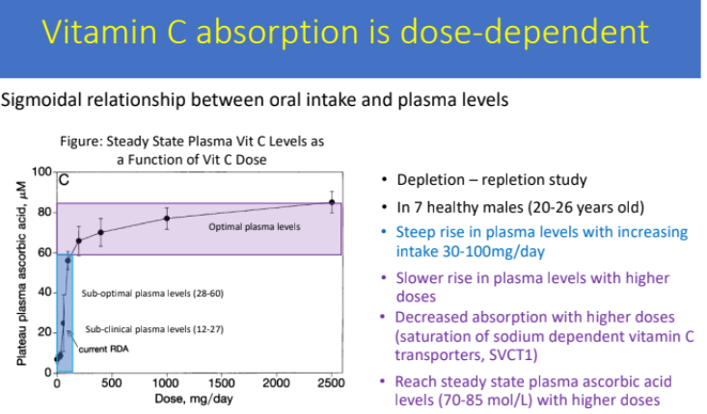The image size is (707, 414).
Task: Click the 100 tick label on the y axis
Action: click(x=41, y=172)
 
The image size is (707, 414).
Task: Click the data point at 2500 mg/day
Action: click(x=332, y=202)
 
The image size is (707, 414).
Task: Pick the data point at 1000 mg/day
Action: click(x=167, y=219)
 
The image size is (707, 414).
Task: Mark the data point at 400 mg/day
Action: click(x=100, y=232)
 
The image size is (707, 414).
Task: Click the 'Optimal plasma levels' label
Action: click(x=255, y=227)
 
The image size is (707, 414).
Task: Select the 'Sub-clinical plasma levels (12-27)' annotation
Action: click(x=152, y=328)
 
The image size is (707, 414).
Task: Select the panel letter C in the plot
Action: click(x=64, y=179)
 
